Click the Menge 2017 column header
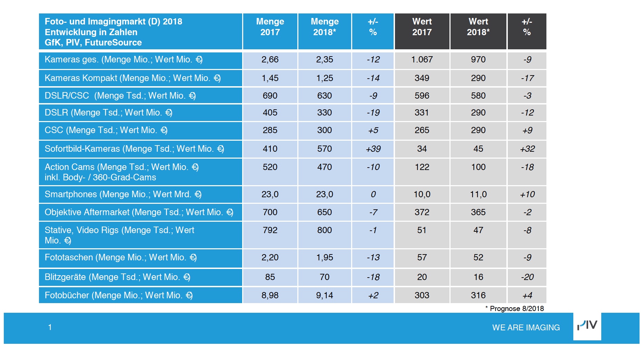coord(270,27)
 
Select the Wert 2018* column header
coord(478,27)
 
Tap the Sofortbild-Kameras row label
coord(134,149)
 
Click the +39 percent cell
coord(373,149)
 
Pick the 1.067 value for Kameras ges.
coord(422,60)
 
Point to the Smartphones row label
coord(123,194)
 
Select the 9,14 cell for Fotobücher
coord(324,295)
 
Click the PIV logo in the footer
coord(587,326)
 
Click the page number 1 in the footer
coord(50,327)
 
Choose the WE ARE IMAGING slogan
coord(526,328)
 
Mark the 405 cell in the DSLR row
coord(270,113)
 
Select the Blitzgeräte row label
coord(117,277)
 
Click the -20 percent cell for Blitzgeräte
coord(527,277)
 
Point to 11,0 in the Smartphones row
coord(478,194)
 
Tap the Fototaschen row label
coord(120,257)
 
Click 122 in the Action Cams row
coord(422,167)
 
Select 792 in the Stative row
coord(270,230)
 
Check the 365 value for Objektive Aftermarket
coord(478,212)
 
